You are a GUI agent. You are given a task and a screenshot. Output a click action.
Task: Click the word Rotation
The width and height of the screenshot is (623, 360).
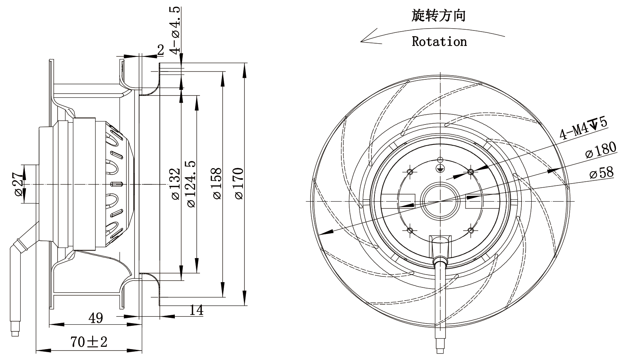(x=439, y=41)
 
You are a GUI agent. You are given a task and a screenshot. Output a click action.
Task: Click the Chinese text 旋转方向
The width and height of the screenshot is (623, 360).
(x=439, y=15)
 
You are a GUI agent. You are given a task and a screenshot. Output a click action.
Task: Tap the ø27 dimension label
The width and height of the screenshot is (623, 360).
(x=19, y=184)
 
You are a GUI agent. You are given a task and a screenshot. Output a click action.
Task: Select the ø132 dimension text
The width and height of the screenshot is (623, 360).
(x=176, y=184)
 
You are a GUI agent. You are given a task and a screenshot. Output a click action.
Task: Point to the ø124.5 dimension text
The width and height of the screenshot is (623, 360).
(x=191, y=184)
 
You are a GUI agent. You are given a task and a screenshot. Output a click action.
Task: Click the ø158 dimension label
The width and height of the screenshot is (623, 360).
(x=217, y=183)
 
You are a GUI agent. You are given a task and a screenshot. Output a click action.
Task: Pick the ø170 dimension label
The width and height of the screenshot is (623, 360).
(x=239, y=183)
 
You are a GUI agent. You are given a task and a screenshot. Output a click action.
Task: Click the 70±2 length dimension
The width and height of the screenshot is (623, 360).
(x=89, y=342)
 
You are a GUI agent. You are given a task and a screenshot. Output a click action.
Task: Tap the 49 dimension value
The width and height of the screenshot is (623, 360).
(x=95, y=318)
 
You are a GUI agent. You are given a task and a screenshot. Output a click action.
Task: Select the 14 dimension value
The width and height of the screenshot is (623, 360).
(x=196, y=310)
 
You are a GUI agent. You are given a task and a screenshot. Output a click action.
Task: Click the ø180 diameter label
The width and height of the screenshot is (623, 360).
(x=600, y=150)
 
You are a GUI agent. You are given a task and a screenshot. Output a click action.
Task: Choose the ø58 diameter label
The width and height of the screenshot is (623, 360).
(x=601, y=173)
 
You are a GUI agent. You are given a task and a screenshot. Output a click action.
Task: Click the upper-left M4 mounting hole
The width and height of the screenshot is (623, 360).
(x=410, y=172)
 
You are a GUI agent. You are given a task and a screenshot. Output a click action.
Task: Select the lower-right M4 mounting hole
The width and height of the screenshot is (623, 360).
(x=471, y=230)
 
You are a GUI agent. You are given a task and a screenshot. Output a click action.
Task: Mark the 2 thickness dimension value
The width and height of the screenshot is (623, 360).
(x=161, y=50)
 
